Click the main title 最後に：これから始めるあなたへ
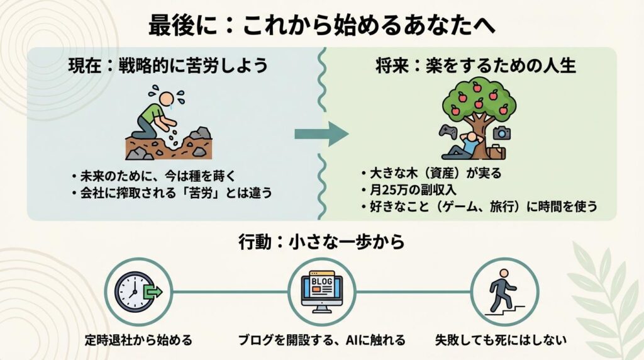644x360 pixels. (321, 26)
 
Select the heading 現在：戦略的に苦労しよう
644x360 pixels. (168, 65)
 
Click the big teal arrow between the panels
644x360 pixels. (321, 132)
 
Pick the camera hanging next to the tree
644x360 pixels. (502, 132)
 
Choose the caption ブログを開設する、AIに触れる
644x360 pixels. (321, 340)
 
